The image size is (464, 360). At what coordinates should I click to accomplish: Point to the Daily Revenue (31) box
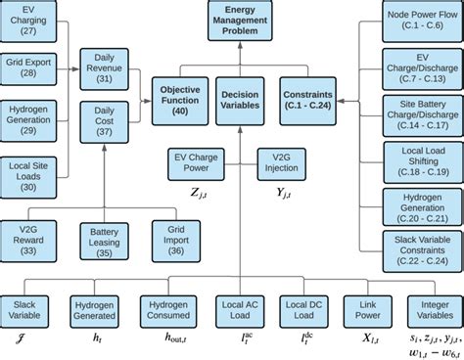coord(103,67)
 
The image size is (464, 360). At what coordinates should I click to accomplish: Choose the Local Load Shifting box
coord(418,161)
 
